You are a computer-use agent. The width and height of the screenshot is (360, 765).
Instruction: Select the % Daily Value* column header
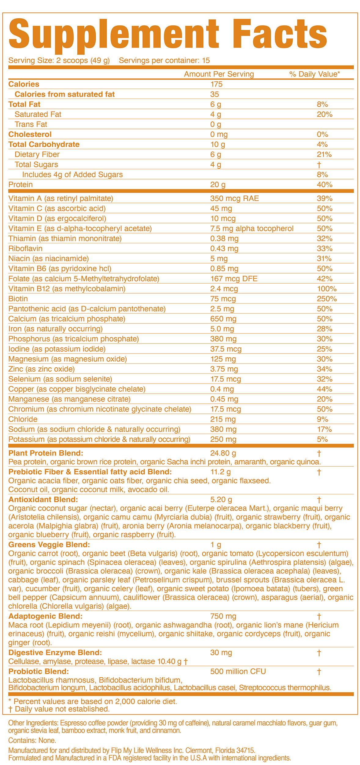[314, 74]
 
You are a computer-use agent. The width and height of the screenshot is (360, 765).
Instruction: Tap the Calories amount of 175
[216, 84]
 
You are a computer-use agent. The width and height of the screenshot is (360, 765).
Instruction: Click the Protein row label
[20, 185]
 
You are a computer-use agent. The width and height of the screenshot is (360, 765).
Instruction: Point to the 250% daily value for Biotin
[327, 299]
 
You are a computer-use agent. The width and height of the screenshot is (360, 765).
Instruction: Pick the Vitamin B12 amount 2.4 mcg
[224, 289]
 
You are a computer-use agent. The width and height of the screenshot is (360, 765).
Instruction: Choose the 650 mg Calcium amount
[223, 319]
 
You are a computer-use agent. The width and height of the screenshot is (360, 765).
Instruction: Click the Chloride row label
[23, 419]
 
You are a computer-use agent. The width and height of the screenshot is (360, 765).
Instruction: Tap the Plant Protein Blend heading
[46, 453]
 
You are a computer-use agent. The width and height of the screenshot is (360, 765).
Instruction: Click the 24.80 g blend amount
[223, 453]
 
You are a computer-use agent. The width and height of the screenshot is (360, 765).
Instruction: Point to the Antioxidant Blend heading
[43, 500]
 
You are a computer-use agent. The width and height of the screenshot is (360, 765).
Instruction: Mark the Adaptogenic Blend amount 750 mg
[223, 616]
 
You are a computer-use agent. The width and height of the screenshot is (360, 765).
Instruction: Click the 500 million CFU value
[238, 671]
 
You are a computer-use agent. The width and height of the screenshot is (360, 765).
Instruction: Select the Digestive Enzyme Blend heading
[55, 653]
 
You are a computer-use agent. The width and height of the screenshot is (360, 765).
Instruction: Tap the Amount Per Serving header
[219, 74]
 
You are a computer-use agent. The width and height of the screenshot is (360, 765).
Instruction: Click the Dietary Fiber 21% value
[324, 155]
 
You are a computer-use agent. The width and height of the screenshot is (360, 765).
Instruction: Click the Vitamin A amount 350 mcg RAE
[234, 199]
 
